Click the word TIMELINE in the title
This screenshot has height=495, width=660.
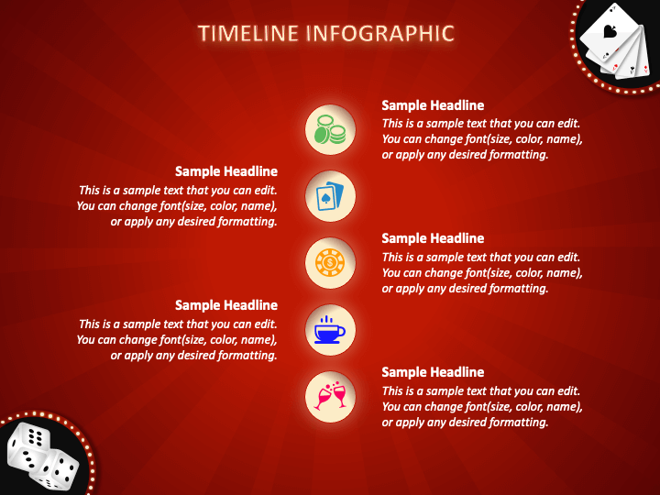pos(248,33)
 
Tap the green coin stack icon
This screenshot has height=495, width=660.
pos(330,129)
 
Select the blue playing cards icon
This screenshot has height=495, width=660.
pos(330,196)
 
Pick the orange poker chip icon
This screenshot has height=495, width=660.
pos(330,263)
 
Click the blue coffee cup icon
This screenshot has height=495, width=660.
pos(330,330)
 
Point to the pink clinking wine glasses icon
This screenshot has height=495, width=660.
pos(330,396)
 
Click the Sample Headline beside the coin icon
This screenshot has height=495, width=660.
pos(433,105)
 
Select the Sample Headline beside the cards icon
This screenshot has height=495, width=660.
pos(226,171)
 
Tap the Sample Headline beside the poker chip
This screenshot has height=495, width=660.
pos(433,238)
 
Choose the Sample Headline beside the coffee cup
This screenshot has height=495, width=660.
pos(226,305)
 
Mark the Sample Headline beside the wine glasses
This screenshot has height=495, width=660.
pos(433,372)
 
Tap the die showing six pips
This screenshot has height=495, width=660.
pos(28,446)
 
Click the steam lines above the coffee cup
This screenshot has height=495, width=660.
pos(326,320)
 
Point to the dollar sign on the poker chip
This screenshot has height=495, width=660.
pos(330,263)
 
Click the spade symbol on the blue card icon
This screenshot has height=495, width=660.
pos(324,199)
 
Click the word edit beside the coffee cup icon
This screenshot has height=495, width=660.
pos(266,324)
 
